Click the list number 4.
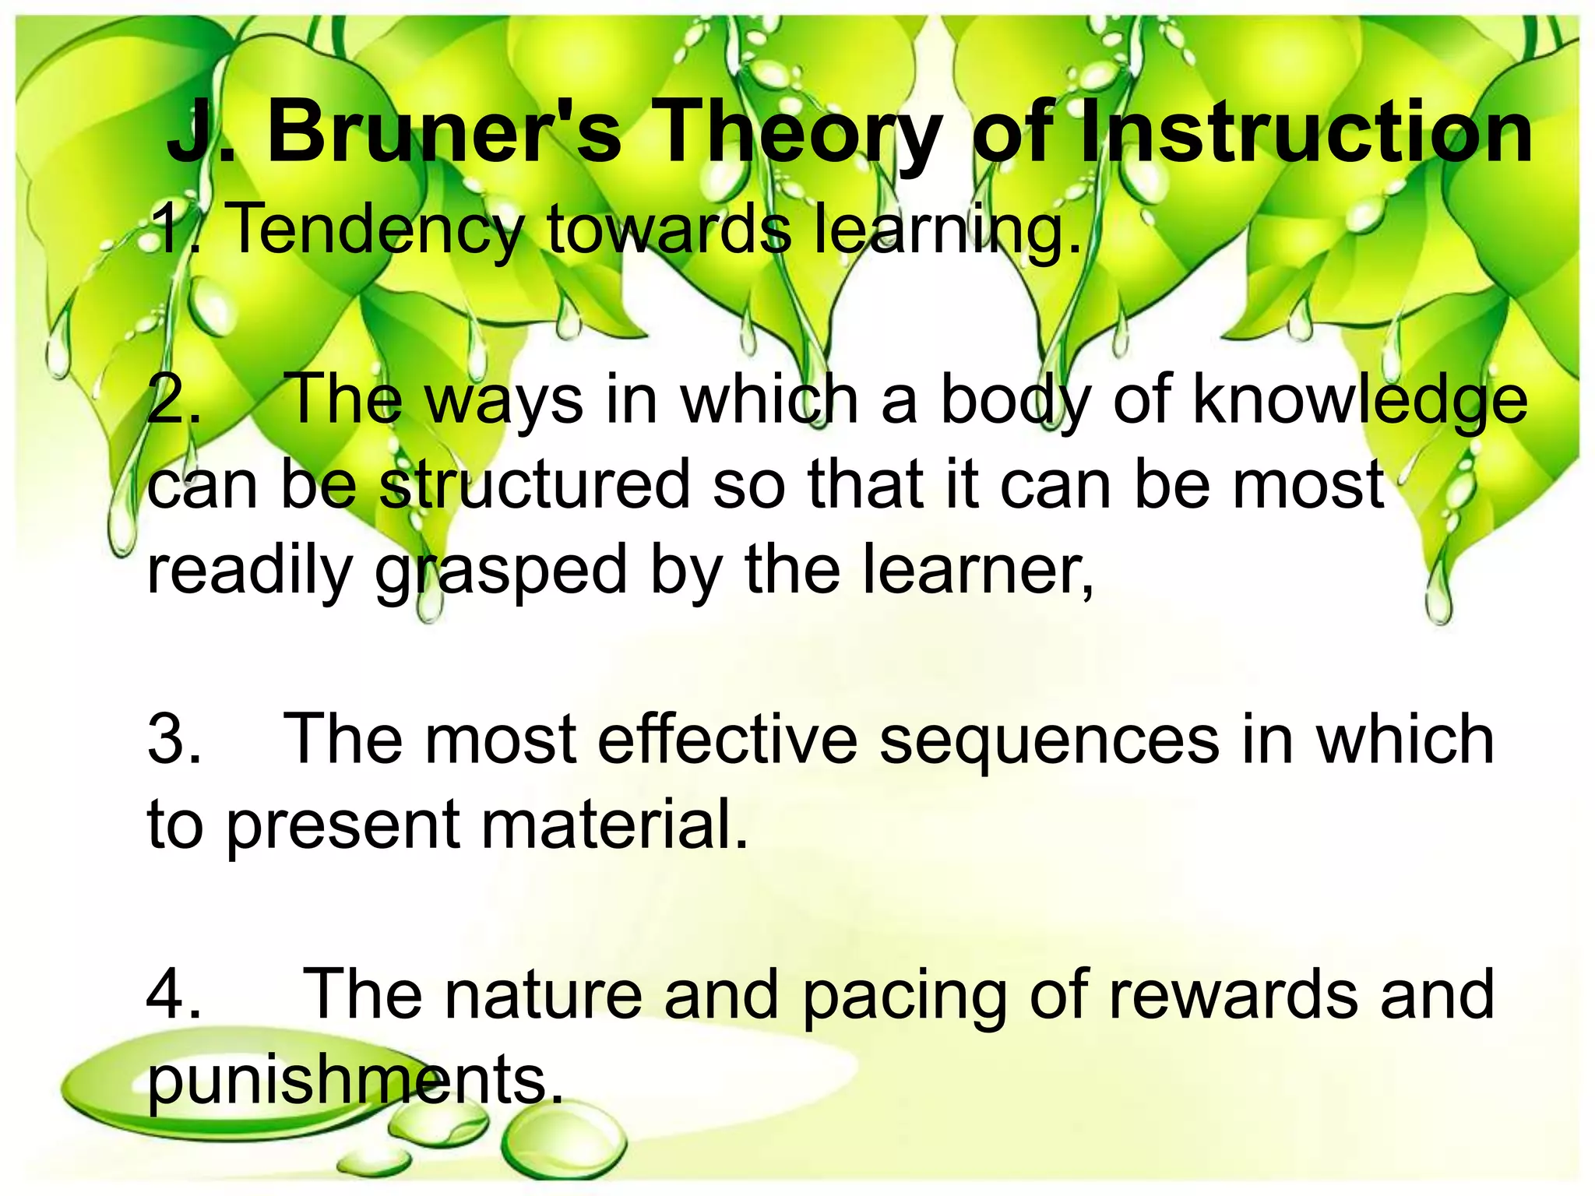[173, 995]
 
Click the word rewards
[1234, 995]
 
